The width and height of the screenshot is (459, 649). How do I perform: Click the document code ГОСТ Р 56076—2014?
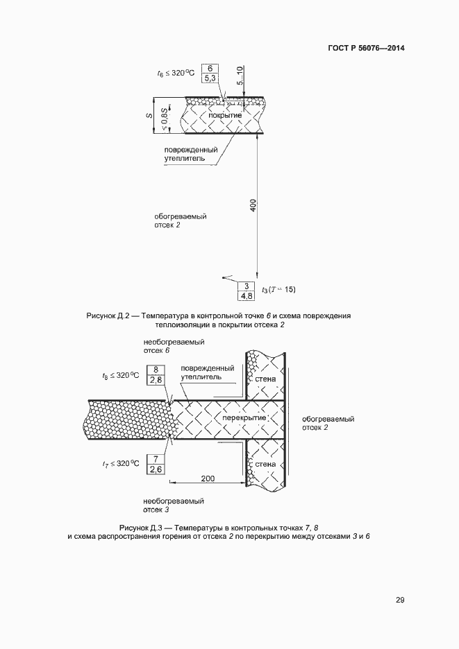(x=366, y=49)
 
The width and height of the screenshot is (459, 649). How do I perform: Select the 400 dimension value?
(x=253, y=205)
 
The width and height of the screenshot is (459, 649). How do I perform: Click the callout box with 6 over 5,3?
(x=210, y=73)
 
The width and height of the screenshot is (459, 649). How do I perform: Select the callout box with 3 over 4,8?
(x=246, y=291)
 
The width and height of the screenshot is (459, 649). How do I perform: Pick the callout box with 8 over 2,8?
(x=156, y=375)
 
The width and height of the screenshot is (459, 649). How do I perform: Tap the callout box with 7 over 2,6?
(x=156, y=464)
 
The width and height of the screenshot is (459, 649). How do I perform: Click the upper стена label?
(x=265, y=379)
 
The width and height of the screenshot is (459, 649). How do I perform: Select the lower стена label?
(x=265, y=464)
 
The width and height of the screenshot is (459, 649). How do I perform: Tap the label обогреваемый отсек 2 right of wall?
(x=328, y=424)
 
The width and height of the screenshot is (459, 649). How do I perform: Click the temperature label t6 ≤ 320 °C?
(x=176, y=72)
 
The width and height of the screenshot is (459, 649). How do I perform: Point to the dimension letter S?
(x=149, y=114)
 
